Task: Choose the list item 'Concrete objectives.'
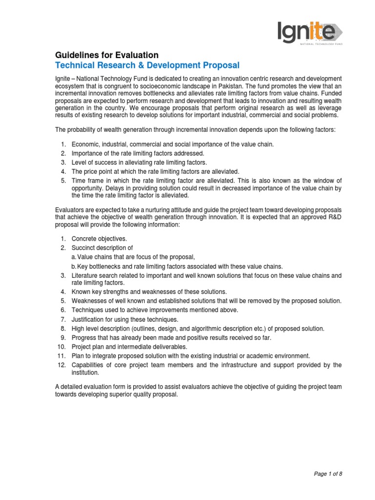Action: coord(99,239)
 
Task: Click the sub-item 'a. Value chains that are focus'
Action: coord(133,257)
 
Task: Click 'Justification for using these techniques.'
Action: coord(134,319)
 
